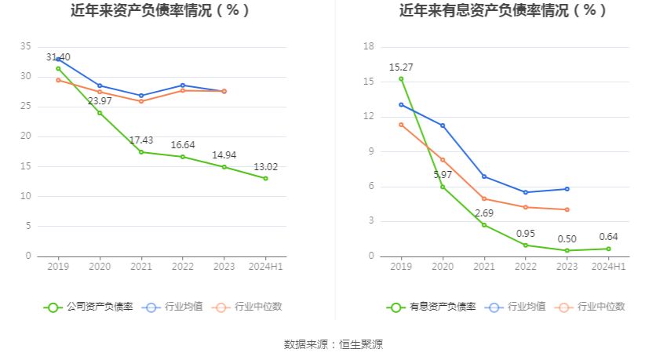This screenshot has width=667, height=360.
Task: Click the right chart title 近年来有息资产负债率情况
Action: point(503,11)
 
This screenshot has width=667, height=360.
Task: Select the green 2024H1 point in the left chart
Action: point(265,178)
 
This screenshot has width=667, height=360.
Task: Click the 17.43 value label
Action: point(141,140)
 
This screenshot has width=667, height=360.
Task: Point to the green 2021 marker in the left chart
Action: point(141,152)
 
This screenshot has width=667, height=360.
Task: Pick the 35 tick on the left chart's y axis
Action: point(26,47)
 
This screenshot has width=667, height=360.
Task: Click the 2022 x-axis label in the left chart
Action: point(182,267)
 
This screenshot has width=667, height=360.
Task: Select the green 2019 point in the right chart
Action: point(401,78)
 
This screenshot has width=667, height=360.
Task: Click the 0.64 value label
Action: point(608,237)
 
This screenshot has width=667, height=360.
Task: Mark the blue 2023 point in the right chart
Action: point(567,189)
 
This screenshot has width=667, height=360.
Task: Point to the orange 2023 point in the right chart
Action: point(567,209)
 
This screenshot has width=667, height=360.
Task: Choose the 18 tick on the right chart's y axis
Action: point(369,47)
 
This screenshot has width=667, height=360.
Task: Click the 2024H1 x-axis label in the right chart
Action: point(608,267)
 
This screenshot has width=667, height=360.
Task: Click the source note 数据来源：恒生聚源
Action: point(333,344)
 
